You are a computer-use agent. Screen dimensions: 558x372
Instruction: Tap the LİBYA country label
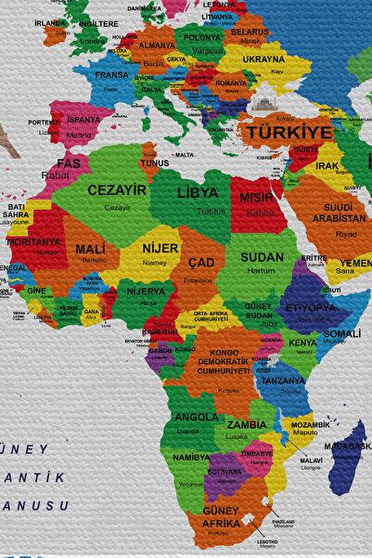[x=198, y=193]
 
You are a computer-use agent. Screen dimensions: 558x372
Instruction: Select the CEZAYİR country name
[x=117, y=189]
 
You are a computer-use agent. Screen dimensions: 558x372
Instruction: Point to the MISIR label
[x=257, y=198]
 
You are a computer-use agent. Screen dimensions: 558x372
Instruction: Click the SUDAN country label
[x=262, y=257]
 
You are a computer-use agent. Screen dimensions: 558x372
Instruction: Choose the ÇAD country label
[x=200, y=263]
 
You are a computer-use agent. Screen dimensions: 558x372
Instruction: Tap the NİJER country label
[x=160, y=248]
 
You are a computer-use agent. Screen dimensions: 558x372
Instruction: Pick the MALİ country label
[x=90, y=249]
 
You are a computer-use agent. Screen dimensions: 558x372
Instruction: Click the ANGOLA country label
[x=196, y=418]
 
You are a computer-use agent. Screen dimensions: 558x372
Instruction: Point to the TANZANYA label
[x=282, y=381]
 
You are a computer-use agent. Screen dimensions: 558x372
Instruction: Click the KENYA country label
[x=301, y=343]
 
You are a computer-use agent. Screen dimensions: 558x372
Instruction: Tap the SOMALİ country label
[x=341, y=333]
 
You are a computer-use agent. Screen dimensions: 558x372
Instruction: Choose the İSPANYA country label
[x=83, y=120]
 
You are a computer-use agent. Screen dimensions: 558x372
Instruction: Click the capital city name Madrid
[x=80, y=135]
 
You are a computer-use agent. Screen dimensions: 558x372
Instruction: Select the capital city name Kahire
[x=260, y=212]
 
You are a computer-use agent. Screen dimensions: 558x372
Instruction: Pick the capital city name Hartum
[x=263, y=270]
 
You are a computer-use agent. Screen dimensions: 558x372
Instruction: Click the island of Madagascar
[x=349, y=455]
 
